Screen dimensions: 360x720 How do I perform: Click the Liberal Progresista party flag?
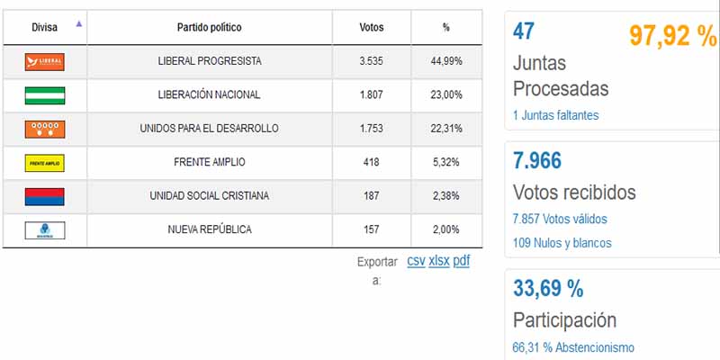45,61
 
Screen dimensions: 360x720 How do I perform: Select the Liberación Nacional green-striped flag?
45,94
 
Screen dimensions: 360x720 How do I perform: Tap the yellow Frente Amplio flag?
45,163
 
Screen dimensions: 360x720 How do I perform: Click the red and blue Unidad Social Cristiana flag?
45,196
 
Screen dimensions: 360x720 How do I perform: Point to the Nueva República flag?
45,229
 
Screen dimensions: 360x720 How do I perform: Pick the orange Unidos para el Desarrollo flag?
45,129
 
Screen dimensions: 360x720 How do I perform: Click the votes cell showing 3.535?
371,61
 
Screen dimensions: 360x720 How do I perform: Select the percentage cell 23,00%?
446,94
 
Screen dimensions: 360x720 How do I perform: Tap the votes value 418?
371,163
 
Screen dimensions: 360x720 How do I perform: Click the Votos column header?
371,28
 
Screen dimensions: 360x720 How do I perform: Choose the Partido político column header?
209,28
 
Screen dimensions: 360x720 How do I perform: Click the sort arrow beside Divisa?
79,24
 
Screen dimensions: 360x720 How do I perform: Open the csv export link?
416,261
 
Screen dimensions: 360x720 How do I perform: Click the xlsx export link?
438,261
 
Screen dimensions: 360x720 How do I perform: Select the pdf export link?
461,261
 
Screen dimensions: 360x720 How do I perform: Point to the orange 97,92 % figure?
671,37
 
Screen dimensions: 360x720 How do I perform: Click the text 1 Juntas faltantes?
555,115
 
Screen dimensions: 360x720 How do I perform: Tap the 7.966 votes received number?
537,162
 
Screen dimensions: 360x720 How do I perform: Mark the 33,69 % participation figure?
548,289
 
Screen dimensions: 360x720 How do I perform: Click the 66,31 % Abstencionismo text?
573,347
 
